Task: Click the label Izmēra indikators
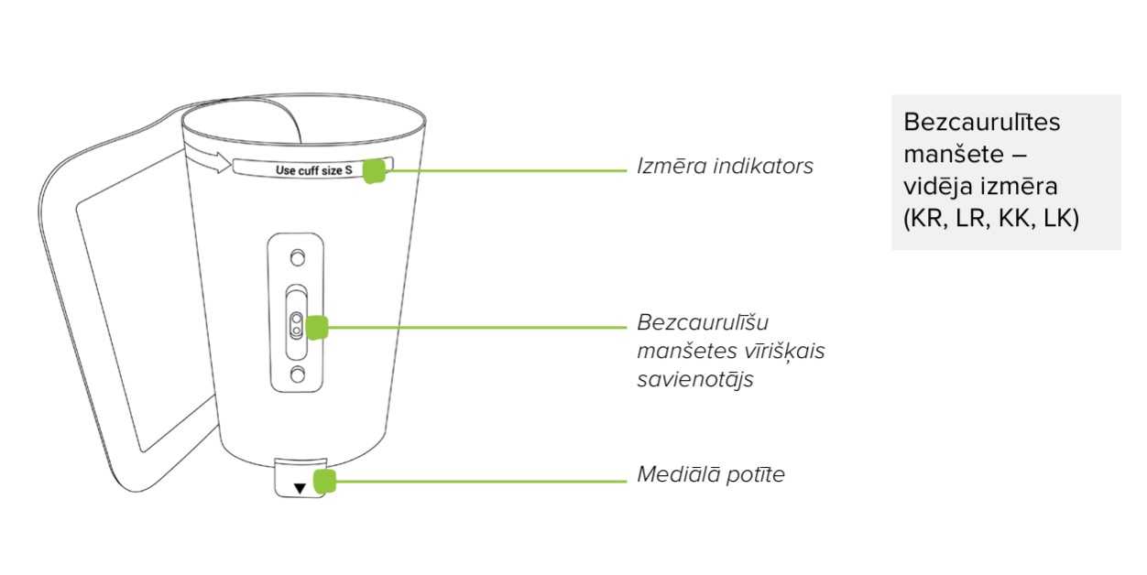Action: [725, 168]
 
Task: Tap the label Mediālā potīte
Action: [711, 475]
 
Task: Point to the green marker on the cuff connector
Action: [318, 326]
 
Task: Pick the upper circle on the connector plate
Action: [297, 255]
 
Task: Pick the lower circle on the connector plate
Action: [297, 373]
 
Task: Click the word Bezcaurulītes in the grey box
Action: [980, 123]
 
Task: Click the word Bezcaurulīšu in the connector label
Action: [702, 323]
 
